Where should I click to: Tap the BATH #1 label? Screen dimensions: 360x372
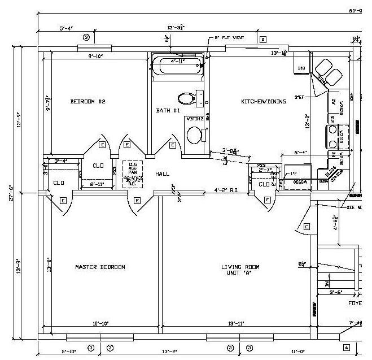168,111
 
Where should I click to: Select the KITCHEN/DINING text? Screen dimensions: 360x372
264,102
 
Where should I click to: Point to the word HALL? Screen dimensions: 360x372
162,174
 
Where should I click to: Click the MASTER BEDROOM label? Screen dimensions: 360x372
100,267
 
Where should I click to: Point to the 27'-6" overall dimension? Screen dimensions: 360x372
11,190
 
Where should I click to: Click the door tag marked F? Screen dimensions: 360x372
266,199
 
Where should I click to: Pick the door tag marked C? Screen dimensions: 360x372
307,227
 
